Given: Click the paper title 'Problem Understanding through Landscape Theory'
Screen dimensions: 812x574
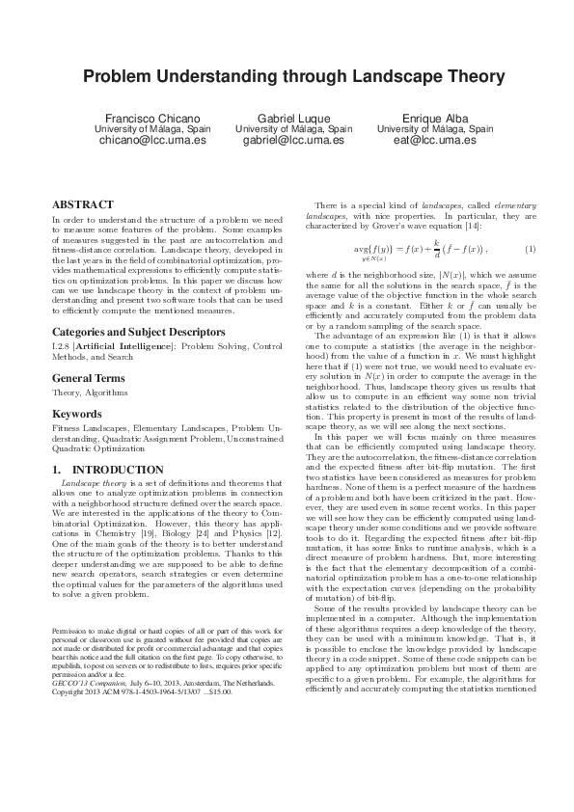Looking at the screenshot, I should coord(287,77).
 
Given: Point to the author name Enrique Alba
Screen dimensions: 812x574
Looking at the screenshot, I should coord(434,118).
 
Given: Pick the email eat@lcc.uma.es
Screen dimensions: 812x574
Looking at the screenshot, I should coord(434,140).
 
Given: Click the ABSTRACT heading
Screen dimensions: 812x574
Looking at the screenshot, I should coord(82,205).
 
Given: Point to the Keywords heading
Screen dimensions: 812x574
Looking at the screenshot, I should coord(77,413).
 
